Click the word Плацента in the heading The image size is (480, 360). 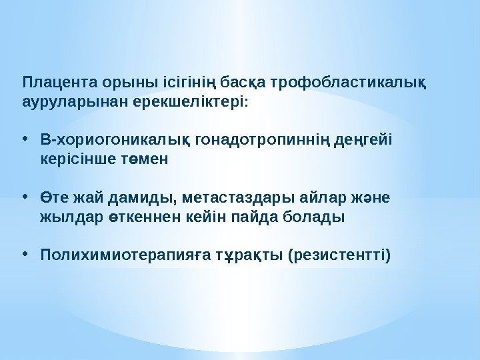[x=59, y=84]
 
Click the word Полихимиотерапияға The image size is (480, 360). [x=109, y=255]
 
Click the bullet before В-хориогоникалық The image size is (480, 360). [x=25, y=140]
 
